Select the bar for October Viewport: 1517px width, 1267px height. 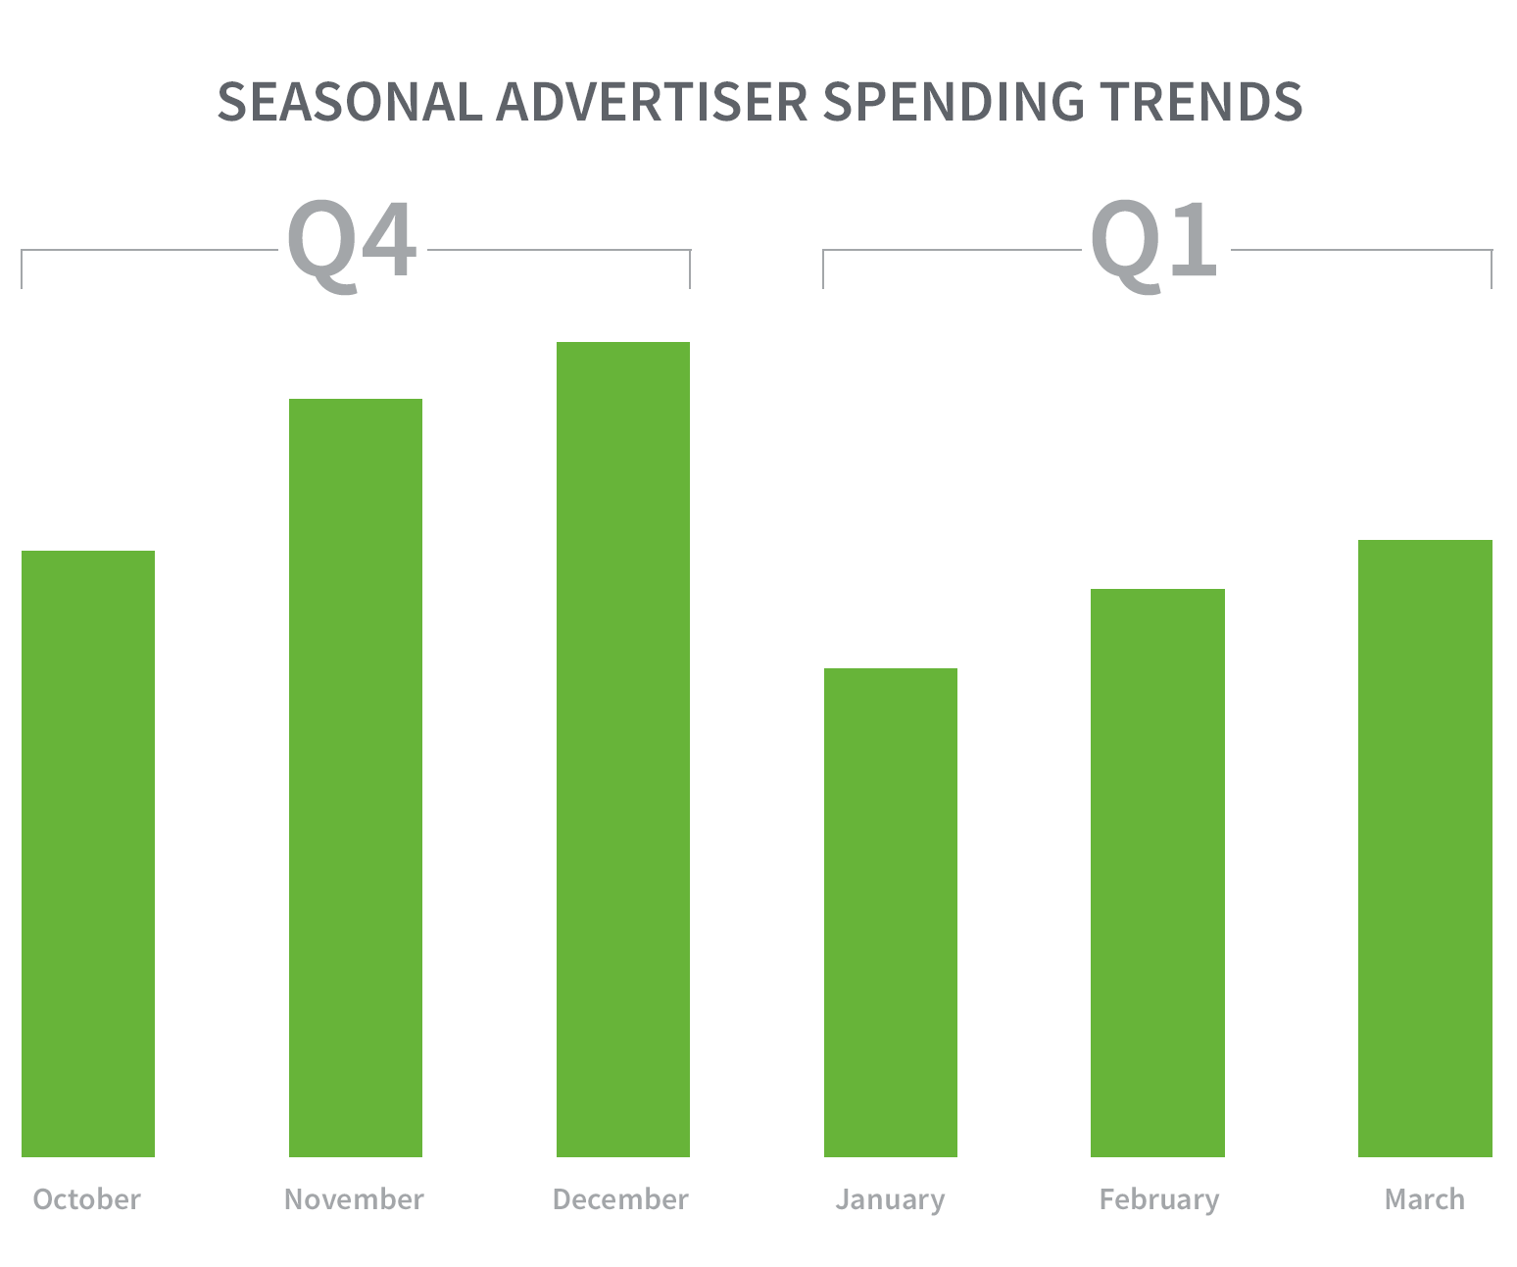(x=88, y=853)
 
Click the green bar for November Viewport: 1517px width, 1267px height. (x=356, y=778)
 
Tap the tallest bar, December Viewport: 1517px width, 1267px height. (x=622, y=750)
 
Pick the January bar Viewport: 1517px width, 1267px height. (x=890, y=912)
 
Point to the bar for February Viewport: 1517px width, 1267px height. (x=1157, y=873)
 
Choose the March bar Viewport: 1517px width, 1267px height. (x=1425, y=849)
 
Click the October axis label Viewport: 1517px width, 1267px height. (x=87, y=1199)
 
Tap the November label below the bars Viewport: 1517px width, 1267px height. (x=354, y=1199)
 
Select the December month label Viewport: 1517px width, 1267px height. (x=620, y=1199)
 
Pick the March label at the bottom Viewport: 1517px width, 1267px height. (x=1425, y=1199)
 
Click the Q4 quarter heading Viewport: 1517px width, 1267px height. (x=353, y=244)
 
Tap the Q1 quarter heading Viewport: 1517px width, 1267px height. (x=1153, y=244)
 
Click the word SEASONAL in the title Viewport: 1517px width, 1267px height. (x=350, y=102)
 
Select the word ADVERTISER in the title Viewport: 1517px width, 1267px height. (x=652, y=102)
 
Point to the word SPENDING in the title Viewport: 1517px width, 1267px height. (x=954, y=102)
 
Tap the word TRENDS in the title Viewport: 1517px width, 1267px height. (x=1201, y=102)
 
